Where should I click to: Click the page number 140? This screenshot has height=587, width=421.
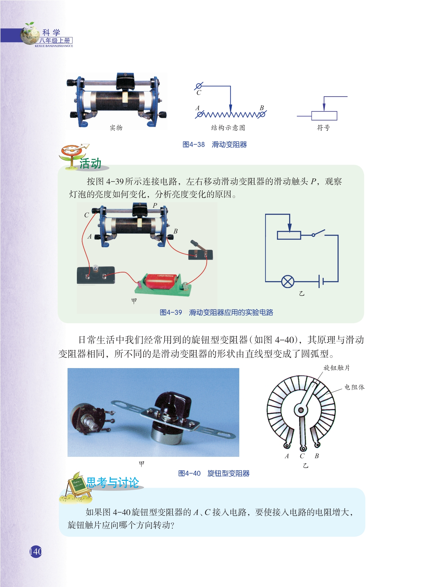(x=36, y=551)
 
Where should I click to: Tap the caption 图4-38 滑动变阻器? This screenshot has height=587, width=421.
(x=215, y=144)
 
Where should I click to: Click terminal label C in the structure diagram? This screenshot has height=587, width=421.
(x=199, y=92)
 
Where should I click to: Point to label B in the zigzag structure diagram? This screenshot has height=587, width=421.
(x=262, y=108)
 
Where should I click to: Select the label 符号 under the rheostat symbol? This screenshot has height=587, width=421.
(x=323, y=128)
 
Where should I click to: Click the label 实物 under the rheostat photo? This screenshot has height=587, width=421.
(x=116, y=128)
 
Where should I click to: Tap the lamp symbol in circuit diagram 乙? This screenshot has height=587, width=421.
(x=288, y=282)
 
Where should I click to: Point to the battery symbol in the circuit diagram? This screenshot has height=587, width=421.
(x=321, y=282)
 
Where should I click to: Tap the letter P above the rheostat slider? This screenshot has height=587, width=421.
(x=155, y=205)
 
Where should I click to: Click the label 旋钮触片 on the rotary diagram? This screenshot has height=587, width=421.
(x=336, y=368)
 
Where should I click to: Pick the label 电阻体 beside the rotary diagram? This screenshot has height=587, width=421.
(x=354, y=387)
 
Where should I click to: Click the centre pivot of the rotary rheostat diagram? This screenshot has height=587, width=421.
(x=301, y=410)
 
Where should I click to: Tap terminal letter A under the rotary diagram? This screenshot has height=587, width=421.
(x=287, y=456)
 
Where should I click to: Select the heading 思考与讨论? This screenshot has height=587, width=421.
(x=113, y=482)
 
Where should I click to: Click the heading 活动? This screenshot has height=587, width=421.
(x=90, y=163)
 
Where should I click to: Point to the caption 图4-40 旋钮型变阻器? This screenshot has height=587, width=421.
(x=214, y=473)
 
